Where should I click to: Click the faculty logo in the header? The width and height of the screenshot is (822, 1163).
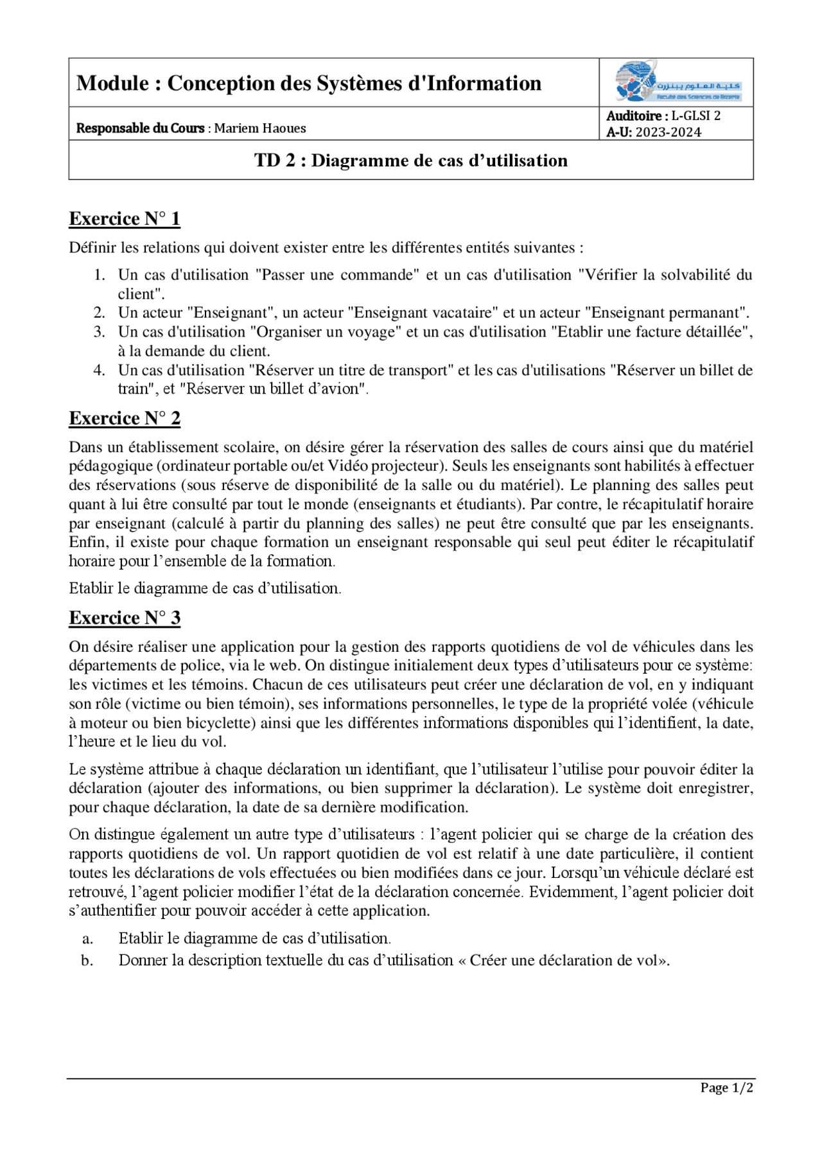point(678,82)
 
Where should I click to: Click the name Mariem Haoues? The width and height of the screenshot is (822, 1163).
point(259,128)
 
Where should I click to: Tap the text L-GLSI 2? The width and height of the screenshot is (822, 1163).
point(695,116)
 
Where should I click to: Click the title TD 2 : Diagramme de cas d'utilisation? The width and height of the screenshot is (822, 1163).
point(411,161)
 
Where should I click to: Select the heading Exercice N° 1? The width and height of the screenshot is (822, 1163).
point(125,219)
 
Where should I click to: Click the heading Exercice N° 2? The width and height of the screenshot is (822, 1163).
point(125,419)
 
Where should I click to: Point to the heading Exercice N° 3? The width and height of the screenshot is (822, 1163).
point(125,618)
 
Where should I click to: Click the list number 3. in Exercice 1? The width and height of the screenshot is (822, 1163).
point(99,332)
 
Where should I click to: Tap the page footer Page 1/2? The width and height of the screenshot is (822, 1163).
point(726,1088)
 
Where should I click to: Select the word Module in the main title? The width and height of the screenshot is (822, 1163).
point(113,83)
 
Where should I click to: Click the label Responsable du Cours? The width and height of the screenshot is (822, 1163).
point(140,128)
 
